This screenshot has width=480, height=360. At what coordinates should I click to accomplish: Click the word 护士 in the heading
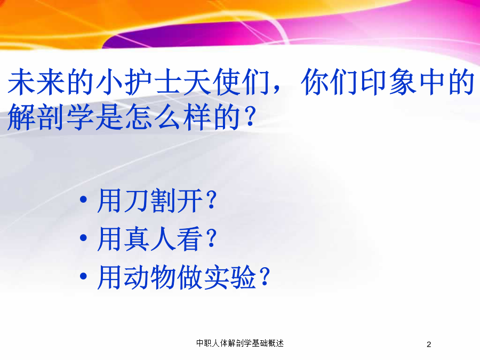click(154, 82)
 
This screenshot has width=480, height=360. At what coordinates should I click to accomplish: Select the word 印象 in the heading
click(389, 82)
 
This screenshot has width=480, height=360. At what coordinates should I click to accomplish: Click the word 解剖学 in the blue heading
click(50, 117)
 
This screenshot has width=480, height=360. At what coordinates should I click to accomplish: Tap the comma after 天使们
click(276, 89)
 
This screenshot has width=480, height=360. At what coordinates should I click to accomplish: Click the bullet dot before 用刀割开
click(83, 200)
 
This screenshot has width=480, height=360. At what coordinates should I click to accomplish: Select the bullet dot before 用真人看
click(83, 238)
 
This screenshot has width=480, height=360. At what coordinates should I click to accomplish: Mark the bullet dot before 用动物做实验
click(83, 276)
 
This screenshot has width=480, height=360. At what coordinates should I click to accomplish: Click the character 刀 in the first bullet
click(137, 201)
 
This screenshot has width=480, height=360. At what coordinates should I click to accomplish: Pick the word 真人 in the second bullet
click(150, 239)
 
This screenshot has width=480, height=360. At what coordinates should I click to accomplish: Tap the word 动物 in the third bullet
click(150, 277)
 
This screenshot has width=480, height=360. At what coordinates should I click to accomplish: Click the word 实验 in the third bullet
click(229, 277)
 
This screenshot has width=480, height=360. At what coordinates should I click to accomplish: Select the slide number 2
click(429, 345)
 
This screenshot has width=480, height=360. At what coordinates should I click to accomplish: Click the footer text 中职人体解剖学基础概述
click(240, 343)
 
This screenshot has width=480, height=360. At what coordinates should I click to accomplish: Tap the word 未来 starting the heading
click(36, 82)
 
